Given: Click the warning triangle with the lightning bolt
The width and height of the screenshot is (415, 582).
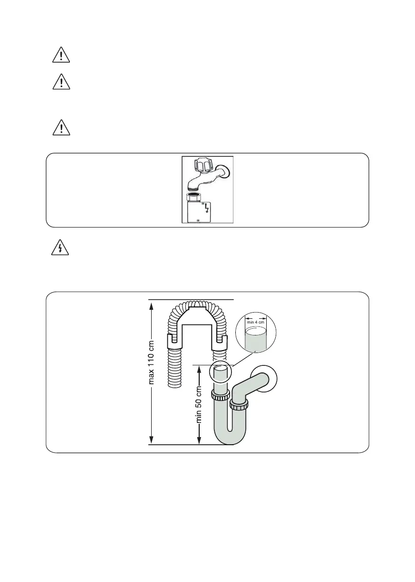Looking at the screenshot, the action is click(60, 248).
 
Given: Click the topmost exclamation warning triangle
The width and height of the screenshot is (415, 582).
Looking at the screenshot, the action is click(61, 55).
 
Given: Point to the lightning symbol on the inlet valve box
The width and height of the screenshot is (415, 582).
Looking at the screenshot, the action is click(207, 208).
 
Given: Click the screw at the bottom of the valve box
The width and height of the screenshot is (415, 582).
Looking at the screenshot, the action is click(198, 220).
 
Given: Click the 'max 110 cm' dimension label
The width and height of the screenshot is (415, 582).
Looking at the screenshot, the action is click(151, 363).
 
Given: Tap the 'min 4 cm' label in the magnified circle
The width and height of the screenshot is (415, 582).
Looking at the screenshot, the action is click(256, 322).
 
